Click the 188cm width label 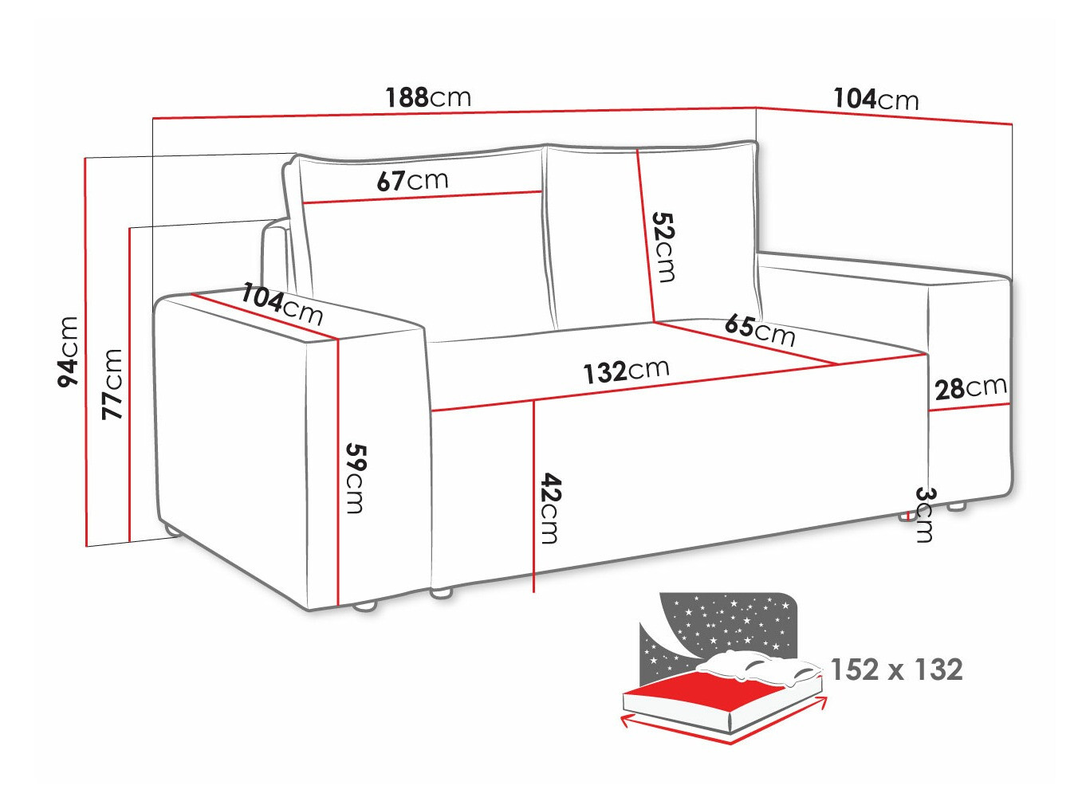(428, 97)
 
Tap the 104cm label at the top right (875, 99)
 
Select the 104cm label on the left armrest (282, 304)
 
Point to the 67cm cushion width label (412, 180)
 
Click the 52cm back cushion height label (663, 246)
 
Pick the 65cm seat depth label (759, 329)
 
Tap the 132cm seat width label (625, 371)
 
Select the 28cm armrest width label (970, 388)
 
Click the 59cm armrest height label (355, 477)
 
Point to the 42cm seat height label (549, 508)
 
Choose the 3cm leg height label (923, 514)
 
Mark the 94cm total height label (69, 351)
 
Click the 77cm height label (112, 383)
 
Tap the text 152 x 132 (896, 670)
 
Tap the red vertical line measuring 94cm (86, 351)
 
